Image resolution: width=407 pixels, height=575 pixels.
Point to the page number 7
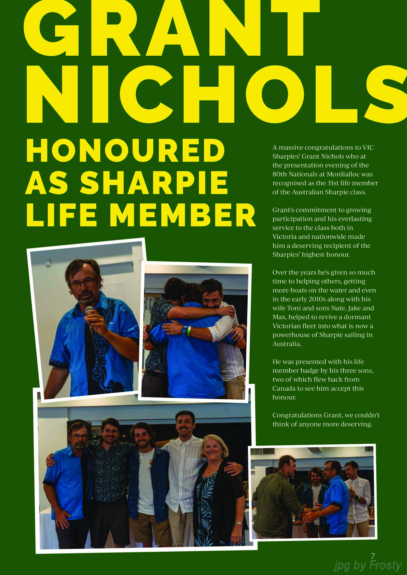point(373,555)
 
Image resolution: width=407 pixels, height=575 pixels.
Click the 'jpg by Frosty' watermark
point(367,565)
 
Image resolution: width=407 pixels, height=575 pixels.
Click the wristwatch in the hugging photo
point(185,330)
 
